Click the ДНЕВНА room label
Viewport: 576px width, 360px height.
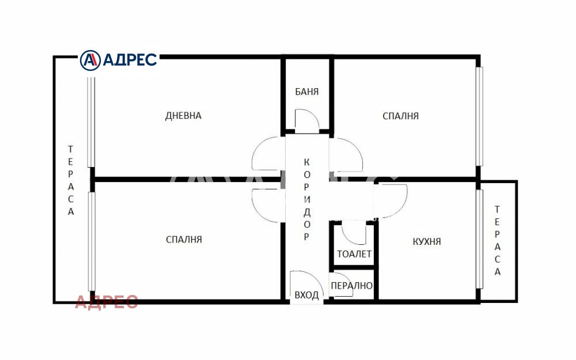click(183, 116)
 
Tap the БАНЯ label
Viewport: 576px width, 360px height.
click(306, 92)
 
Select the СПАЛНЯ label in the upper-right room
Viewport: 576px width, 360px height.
click(400, 116)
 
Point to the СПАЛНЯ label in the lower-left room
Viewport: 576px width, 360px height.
click(184, 239)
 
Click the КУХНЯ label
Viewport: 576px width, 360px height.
click(427, 241)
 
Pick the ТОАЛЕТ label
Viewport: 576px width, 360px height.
click(354, 254)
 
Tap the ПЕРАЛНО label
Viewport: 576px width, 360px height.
click(351, 286)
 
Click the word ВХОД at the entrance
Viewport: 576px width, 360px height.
click(306, 295)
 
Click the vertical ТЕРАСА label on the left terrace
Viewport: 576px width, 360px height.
click(71, 180)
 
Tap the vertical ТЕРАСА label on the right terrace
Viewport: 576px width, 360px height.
click(498, 240)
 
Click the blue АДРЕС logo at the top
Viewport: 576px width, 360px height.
click(119, 59)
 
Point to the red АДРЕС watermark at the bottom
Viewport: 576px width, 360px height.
click(107, 301)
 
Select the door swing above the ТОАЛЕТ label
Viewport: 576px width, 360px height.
click(353, 234)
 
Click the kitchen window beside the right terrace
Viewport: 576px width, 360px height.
click(479, 238)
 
